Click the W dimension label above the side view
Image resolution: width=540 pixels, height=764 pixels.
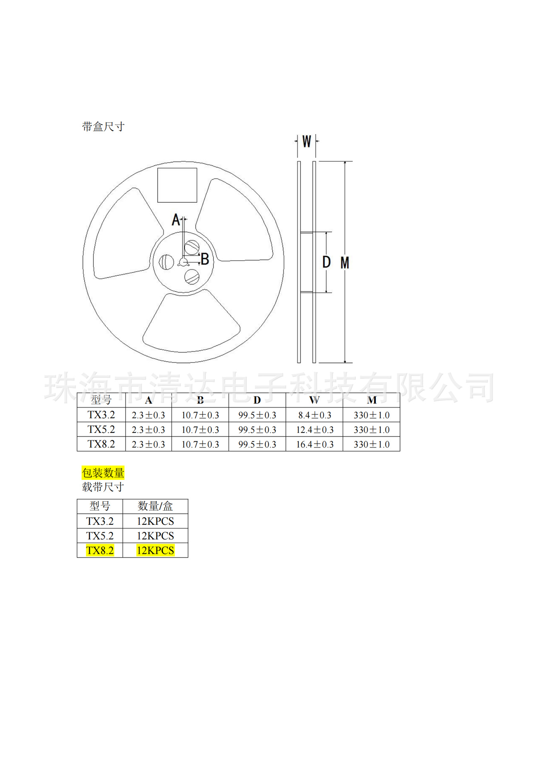[x=306, y=141]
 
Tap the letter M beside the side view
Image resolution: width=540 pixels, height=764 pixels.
[x=345, y=263]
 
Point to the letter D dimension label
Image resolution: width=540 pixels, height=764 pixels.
[x=326, y=262]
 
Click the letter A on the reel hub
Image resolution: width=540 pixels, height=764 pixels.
[x=176, y=220]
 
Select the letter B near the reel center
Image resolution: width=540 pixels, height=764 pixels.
[x=205, y=259]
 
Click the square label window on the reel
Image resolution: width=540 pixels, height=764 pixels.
[x=177, y=185]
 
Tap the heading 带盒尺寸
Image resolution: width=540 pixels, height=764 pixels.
[x=103, y=127]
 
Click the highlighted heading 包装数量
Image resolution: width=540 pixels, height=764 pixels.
[x=103, y=473]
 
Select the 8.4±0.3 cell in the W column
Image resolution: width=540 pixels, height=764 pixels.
[x=315, y=415]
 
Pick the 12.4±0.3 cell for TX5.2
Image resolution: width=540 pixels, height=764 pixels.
[x=315, y=430]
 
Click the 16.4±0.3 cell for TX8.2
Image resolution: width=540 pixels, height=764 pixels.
[x=315, y=444]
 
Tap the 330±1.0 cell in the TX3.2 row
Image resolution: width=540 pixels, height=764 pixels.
[x=371, y=415]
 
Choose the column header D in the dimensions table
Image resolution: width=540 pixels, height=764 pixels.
[x=257, y=400]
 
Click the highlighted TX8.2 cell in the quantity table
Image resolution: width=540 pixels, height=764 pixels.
[x=100, y=550]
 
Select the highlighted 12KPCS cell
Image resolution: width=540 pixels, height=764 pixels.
[x=155, y=550]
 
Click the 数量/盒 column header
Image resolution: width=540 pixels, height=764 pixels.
[x=155, y=506]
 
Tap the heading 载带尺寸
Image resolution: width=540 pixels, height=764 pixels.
[x=103, y=487]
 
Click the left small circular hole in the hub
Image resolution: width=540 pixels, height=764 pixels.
[x=166, y=262]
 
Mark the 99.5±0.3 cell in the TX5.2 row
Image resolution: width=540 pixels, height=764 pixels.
[x=257, y=430]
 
